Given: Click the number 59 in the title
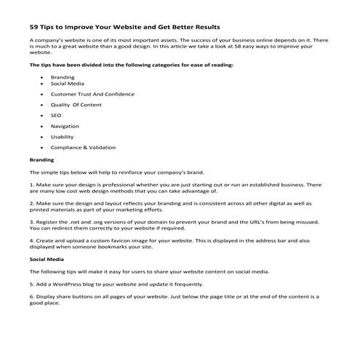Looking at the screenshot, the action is (34, 28).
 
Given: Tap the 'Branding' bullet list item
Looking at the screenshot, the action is (63, 76).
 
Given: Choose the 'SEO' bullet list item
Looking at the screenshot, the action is (56, 115).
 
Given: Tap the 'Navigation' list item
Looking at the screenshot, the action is (65, 126).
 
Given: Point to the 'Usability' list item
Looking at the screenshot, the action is (63, 136).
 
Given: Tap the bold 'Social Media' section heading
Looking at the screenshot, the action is (45, 257).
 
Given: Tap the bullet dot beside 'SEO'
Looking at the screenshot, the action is (41, 115).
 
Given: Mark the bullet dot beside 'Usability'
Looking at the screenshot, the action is (41, 136).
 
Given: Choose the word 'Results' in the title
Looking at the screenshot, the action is (204, 28).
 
